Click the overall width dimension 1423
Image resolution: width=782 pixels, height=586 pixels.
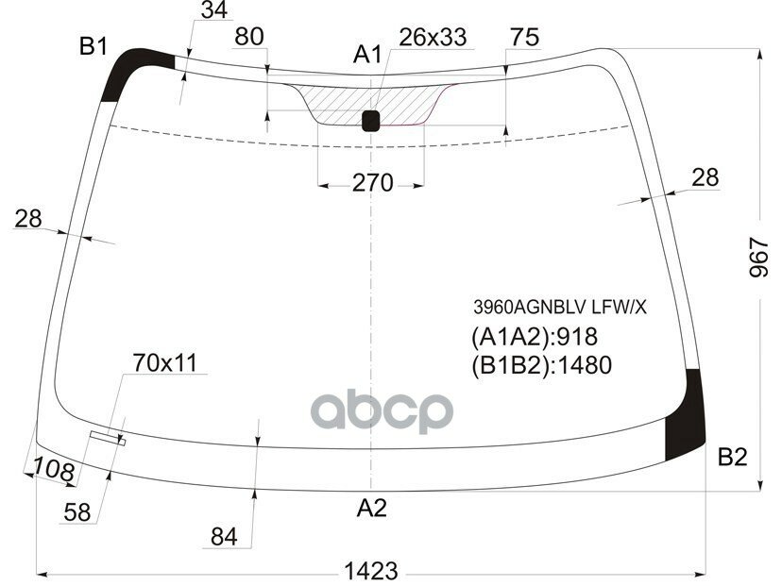point(371,570)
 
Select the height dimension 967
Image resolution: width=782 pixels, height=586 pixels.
point(759,258)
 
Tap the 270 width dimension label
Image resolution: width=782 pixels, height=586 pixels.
point(372,183)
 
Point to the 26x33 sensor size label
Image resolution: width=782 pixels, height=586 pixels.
point(433,38)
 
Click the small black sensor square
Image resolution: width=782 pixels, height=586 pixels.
point(371,120)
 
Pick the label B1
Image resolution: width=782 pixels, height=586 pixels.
point(93,46)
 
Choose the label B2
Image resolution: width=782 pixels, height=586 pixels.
point(732,458)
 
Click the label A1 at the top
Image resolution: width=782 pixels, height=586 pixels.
point(367,56)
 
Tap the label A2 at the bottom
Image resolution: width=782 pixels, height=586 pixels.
point(371,509)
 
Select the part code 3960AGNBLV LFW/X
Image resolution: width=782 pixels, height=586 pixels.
point(561,307)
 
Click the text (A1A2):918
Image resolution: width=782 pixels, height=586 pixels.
point(534,336)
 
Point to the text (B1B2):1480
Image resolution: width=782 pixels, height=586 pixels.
point(541,365)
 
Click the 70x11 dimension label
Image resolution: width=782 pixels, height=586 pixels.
point(164,361)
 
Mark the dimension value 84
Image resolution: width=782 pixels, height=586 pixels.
point(224,538)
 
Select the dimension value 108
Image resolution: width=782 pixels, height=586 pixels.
point(53,469)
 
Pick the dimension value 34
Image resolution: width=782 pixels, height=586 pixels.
point(214,11)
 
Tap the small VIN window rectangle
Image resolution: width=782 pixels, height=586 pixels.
point(107,436)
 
